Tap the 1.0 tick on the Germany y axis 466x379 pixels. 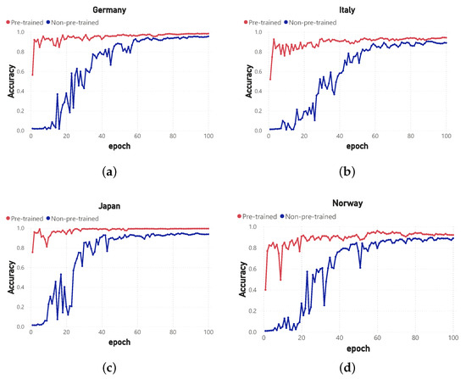(x=20, y=32)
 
